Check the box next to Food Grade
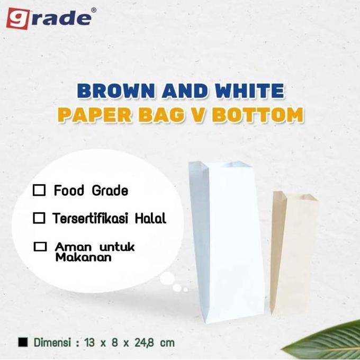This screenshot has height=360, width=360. click(x=39, y=191)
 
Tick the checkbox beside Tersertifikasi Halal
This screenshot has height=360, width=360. click(x=39, y=218)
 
